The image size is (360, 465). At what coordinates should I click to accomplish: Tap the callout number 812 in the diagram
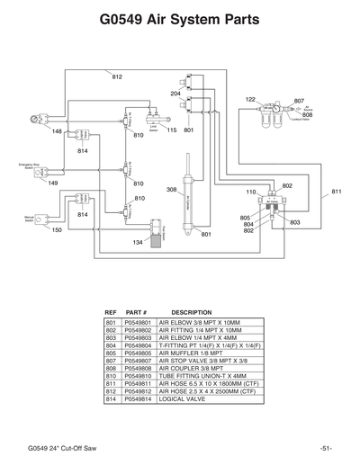[x=116, y=77]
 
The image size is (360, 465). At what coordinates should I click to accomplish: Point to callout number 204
[x=175, y=94]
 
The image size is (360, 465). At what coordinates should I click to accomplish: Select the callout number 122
[x=250, y=99]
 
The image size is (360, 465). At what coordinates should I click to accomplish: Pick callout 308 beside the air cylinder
[x=171, y=190]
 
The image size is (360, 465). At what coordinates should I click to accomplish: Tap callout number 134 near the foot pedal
[x=138, y=243]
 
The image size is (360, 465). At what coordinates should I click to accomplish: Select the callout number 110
[x=251, y=192]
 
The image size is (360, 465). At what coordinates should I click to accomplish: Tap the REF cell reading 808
[x=112, y=367]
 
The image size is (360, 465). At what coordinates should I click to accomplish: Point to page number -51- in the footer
[x=326, y=447]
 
